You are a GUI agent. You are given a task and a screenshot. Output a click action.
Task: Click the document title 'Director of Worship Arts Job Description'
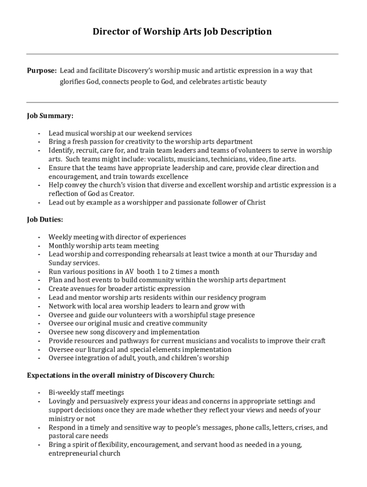(x=182, y=32)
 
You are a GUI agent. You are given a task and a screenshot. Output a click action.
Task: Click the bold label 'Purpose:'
(x=42, y=71)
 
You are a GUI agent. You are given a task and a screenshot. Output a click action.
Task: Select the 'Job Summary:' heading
(x=50, y=116)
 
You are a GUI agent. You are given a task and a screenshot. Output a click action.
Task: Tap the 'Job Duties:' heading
(x=45, y=220)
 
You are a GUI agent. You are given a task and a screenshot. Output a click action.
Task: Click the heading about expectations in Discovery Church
(x=121, y=375)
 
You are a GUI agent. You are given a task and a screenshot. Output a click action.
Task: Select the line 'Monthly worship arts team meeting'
(x=103, y=246)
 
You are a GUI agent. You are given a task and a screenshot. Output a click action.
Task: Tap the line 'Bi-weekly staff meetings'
(x=86, y=393)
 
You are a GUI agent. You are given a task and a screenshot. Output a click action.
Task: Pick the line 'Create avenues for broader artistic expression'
(x=119, y=289)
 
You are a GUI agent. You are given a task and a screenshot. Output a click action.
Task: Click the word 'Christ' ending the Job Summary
(x=256, y=203)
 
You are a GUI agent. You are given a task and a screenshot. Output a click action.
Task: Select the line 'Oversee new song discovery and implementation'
(x=124, y=332)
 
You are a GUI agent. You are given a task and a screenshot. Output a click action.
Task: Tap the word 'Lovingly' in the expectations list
(x=62, y=401)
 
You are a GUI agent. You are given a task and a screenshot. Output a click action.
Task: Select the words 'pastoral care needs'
(x=78, y=436)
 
